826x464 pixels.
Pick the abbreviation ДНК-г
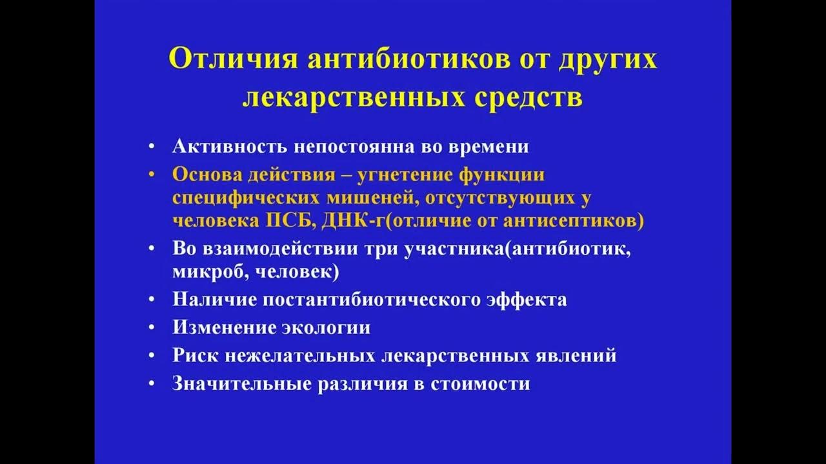click(x=354, y=221)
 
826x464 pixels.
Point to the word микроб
click(x=207, y=271)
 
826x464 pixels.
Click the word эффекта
click(x=528, y=300)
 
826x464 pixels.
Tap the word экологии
click(x=326, y=327)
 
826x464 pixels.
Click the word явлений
click(x=578, y=355)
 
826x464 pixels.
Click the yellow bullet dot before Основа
click(x=152, y=175)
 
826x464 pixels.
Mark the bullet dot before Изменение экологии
click(x=152, y=328)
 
